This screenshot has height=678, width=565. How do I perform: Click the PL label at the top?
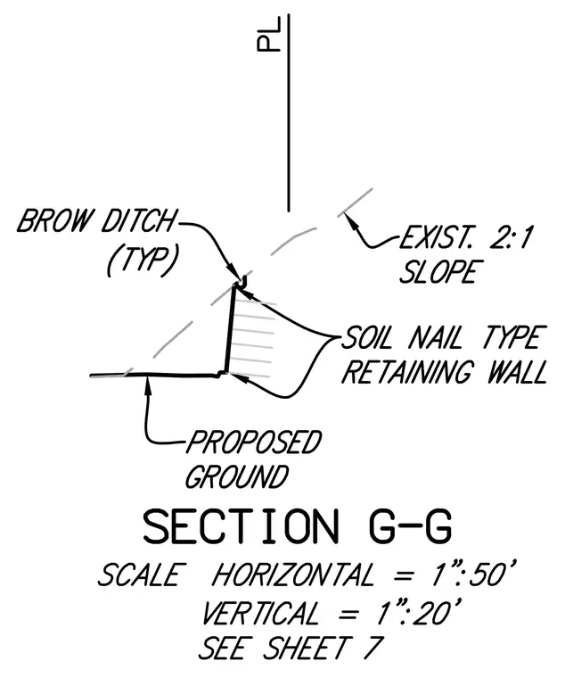click(x=268, y=34)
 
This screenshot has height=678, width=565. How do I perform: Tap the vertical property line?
click(x=289, y=113)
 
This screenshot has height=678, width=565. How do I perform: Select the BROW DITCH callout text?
click(x=96, y=220)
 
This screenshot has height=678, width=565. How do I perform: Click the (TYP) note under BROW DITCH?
click(x=142, y=262)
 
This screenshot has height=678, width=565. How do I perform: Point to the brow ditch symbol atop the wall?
click(x=241, y=282)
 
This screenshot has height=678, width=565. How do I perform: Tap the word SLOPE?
click(x=438, y=271)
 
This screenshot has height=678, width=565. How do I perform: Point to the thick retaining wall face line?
click(x=229, y=329)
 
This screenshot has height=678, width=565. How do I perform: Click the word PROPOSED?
click(x=254, y=442)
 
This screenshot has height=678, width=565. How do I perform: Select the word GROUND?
click(x=237, y=476)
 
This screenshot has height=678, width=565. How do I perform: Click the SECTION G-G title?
click(x=298, y=526)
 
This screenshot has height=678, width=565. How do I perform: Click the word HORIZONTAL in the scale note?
click(x=292, y=575)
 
